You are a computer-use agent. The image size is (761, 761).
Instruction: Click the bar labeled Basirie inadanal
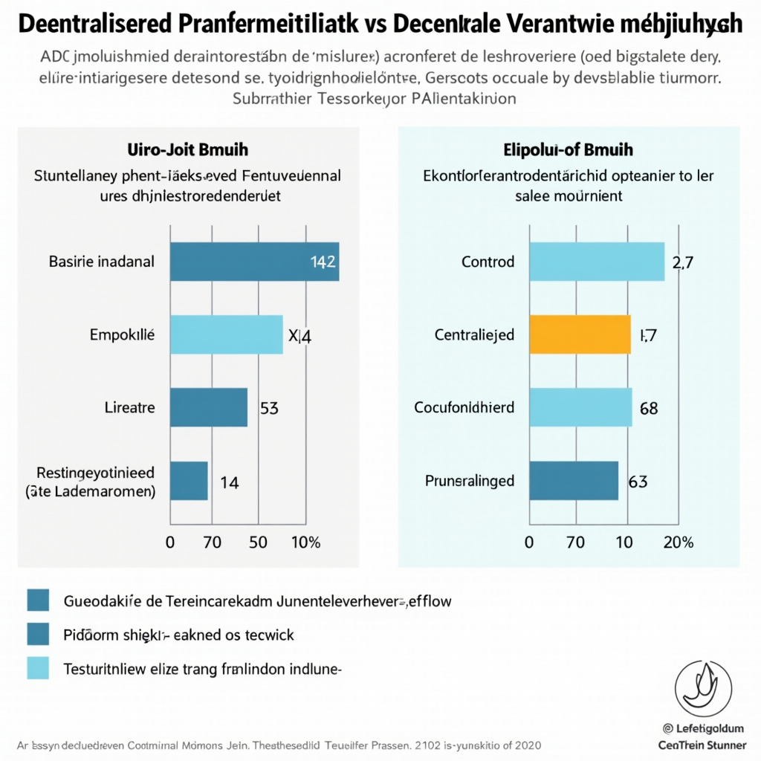(x=254, y=262)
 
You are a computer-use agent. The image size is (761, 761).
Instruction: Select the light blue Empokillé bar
(x=226, y=334)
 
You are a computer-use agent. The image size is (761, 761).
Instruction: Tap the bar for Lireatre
(x=208, y=407)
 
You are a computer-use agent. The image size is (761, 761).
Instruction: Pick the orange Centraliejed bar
(x=580, y=334)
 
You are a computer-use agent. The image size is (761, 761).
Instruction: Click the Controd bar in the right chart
(x=597, y=262)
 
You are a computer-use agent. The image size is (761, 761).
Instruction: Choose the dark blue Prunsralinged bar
(x=573, y=481)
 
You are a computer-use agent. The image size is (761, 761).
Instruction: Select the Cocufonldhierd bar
(x=580, y=407)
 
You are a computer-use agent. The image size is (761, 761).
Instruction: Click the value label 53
(x=268, y=407)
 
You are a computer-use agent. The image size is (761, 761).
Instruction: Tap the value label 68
(x=648, y=408)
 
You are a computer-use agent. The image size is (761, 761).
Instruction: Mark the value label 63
(x=638, y=482)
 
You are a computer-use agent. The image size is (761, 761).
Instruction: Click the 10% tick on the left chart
(x=305, y=543)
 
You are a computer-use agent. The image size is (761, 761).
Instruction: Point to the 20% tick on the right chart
(x=678, y=543)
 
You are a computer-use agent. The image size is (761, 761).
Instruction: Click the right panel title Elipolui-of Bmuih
(x=569, y=149)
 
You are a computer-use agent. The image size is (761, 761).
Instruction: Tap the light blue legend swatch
(x=37, y=667)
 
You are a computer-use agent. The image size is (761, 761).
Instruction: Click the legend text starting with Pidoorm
(x=179, y=635)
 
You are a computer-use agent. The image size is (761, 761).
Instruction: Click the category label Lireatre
(x=129, y=408)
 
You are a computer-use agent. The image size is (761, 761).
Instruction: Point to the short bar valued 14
(x=189, y=481)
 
